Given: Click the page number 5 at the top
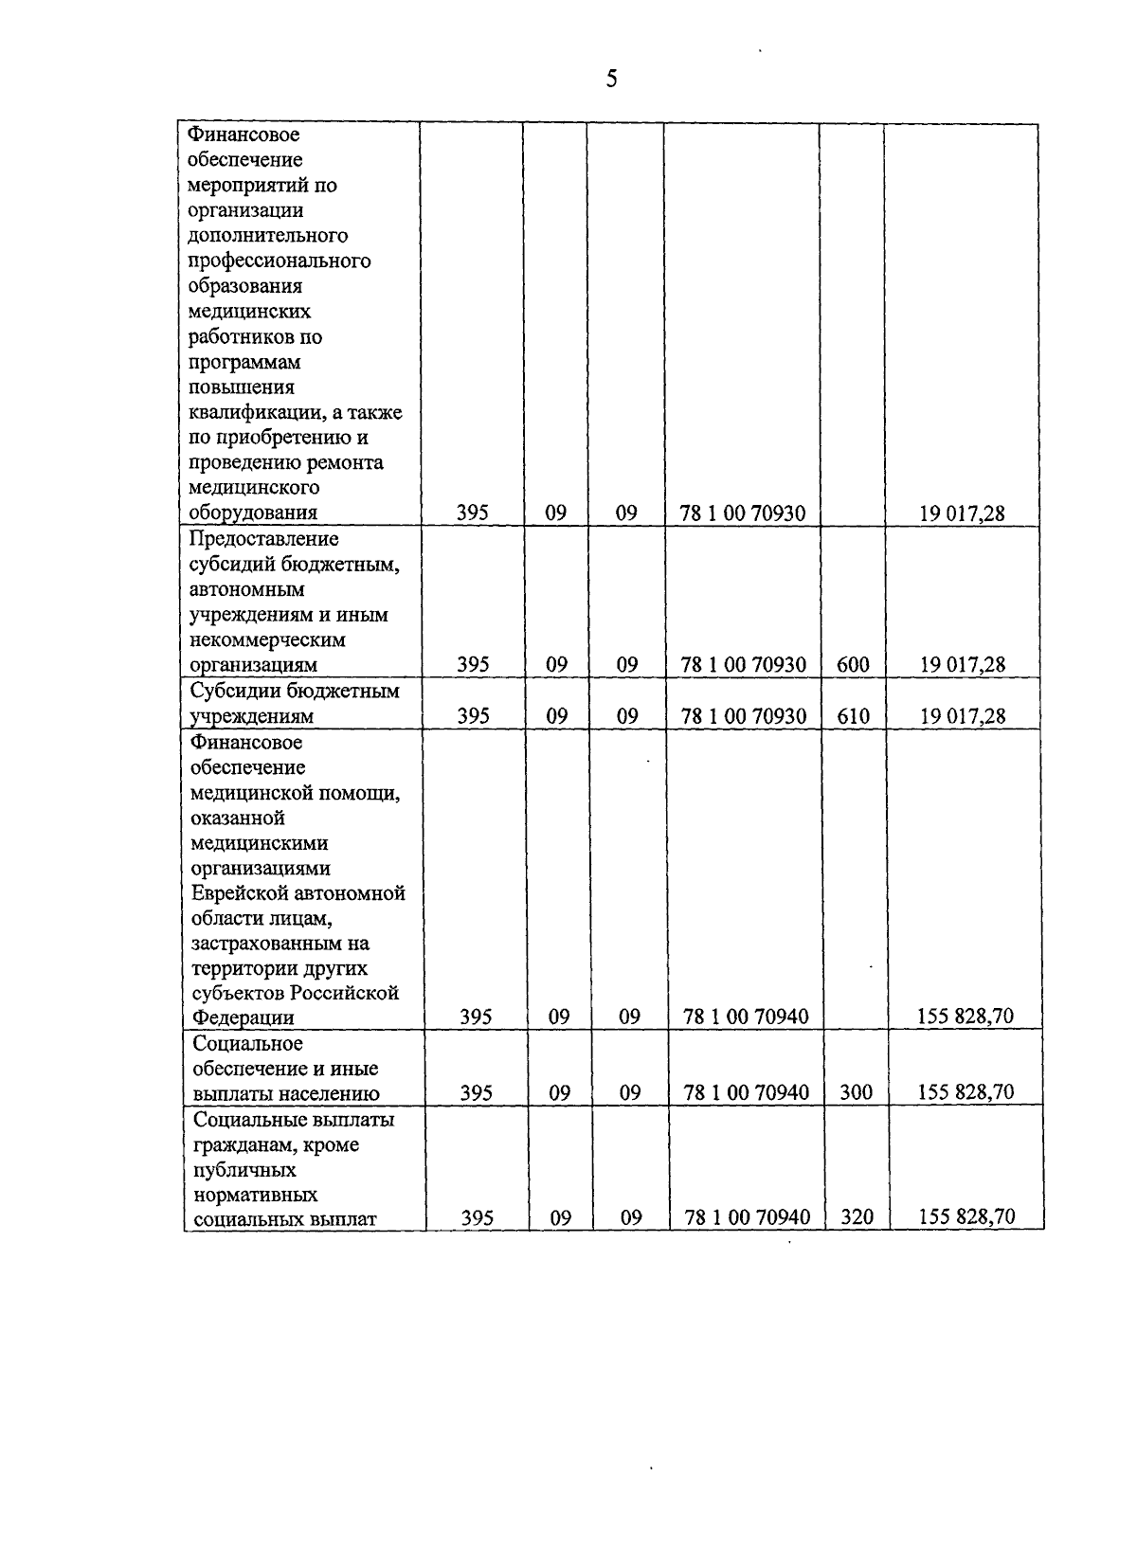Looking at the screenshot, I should click(611, 79).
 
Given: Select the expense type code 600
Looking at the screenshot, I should click(853, 665).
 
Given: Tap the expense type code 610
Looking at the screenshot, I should click(853, 716).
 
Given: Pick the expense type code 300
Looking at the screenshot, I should click(856, 1092).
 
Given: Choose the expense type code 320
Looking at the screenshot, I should click(857, 1217).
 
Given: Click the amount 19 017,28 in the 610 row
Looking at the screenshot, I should click(962, 716).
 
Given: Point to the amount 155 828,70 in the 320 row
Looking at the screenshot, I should click(966, 1217).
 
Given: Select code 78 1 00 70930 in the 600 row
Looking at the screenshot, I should click(743, 665).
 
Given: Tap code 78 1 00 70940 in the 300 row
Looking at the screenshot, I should click(746, 1092).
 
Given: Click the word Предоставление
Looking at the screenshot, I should click(263, 539).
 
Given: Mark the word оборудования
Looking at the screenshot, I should click(252, 513).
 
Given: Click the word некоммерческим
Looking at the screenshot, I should click(267, 640).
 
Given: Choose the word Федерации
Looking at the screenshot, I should click(243, 1018).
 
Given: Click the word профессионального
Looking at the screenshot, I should click(280, 261).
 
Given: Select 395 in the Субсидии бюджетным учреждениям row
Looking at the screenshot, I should click(473, 716).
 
